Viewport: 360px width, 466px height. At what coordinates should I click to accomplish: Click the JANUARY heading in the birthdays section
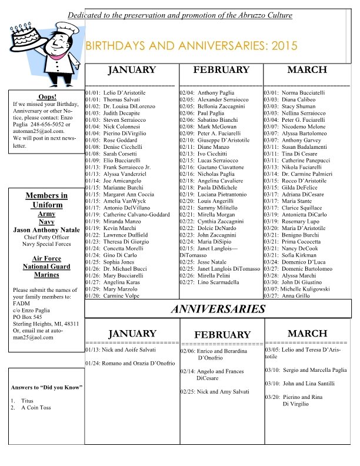[132, 70]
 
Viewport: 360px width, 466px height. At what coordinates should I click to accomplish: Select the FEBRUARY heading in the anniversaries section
[222, 334]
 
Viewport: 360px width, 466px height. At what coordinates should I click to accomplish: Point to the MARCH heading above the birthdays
[306, 69]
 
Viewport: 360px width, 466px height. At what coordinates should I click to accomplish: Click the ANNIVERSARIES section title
[218, 308]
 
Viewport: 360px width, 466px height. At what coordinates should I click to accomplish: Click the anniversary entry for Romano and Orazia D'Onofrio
[130, 364]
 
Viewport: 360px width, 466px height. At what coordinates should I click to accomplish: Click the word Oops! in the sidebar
[46, 96]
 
